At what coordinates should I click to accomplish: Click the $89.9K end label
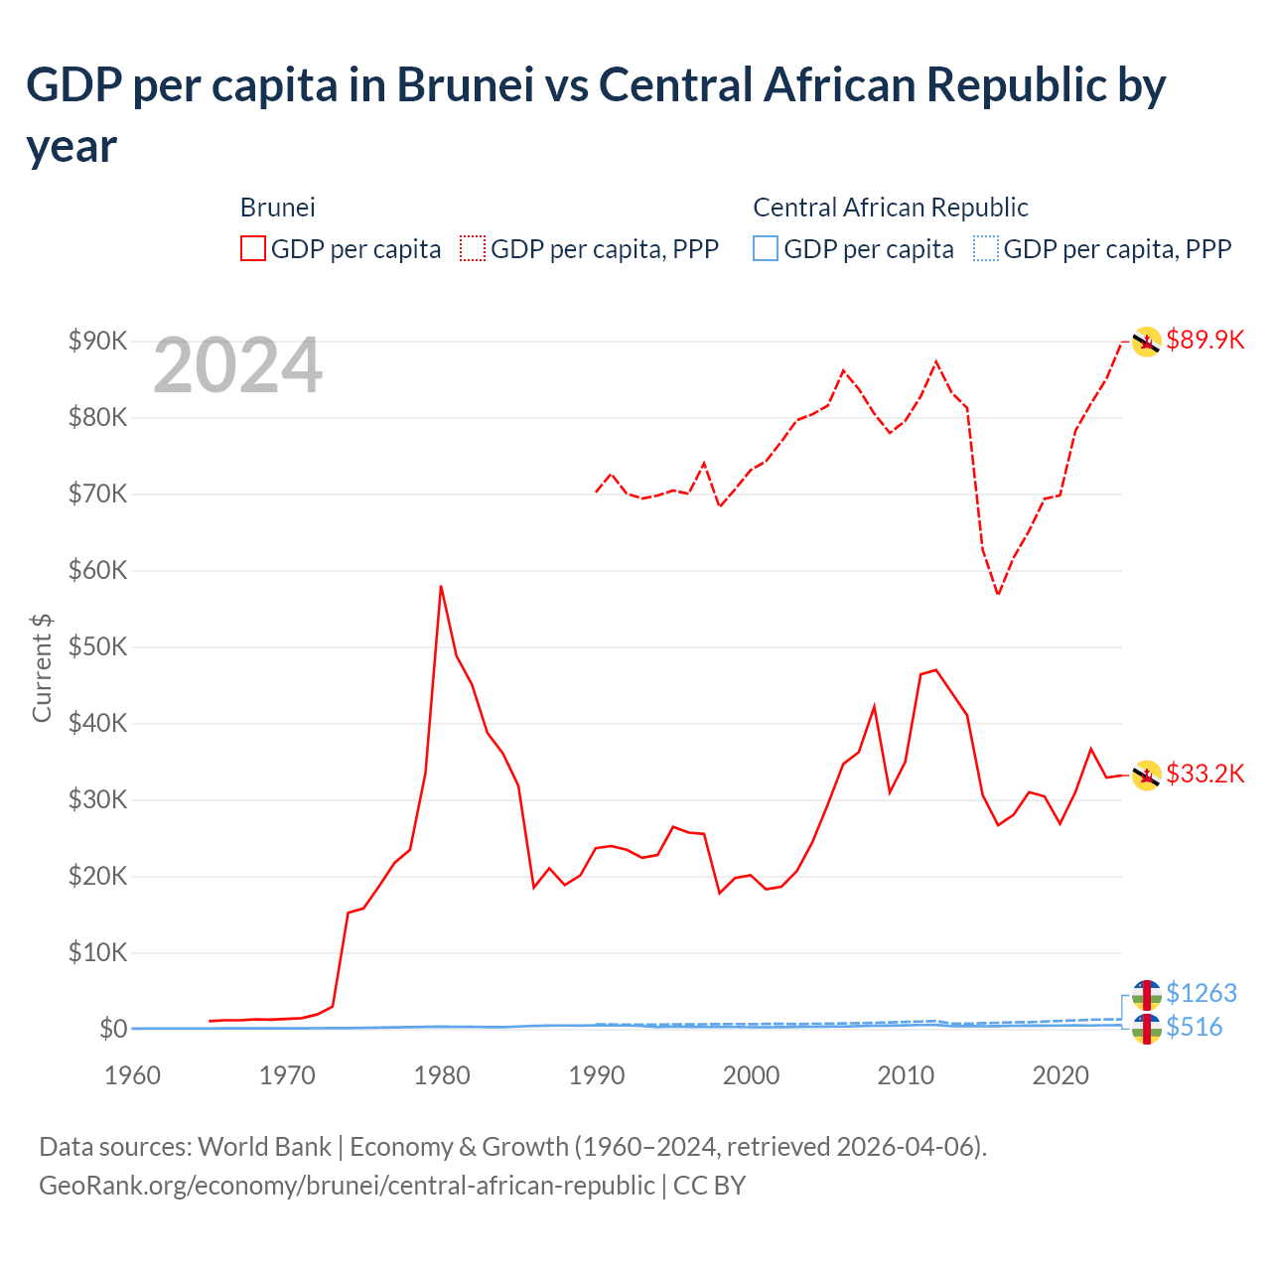coord(1204,341)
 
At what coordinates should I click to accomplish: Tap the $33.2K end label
coord(1204,775)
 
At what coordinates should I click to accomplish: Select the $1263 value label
coord(1200,993)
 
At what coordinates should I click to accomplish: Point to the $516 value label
coord(1194,1027)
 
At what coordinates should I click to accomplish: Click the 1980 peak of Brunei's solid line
coord(441,587)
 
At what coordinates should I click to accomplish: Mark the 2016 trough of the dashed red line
coord(998,594)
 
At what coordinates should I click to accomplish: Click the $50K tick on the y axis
coord(98,647)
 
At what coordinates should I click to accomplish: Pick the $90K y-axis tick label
coord(98,342)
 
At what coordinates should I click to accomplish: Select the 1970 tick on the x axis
coord(287,1076)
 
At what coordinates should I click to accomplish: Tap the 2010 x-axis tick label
coord(906,1076)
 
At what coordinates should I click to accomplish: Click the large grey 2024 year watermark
coord(237,366)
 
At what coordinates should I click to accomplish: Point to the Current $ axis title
coord(42,667)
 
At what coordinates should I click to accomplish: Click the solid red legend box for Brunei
coord(253,248)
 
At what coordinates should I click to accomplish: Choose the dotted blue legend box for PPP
coord(986,248)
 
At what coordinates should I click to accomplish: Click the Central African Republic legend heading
coord(890,208)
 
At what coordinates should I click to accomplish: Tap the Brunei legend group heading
coord(277,208)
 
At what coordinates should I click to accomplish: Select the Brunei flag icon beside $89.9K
coord(1146,342)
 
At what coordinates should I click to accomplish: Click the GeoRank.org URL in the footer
coord(347,1186)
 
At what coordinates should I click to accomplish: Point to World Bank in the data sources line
coord(264,1147)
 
